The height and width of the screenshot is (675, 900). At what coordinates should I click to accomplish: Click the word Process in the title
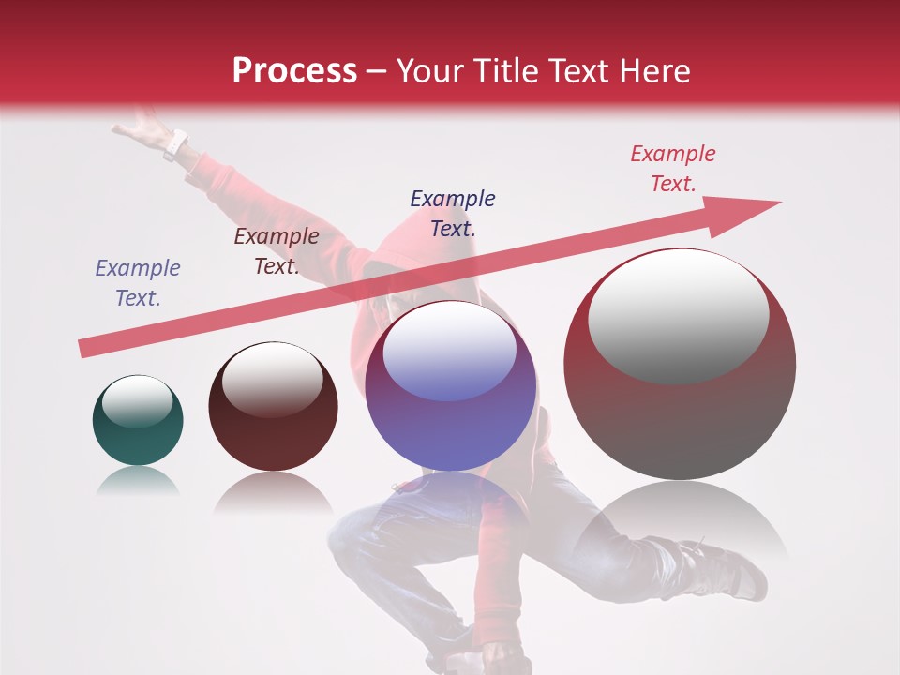point(294,71)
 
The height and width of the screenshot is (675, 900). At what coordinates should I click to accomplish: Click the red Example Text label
point(673,169)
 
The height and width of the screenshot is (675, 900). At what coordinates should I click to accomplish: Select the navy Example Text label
point(453,213)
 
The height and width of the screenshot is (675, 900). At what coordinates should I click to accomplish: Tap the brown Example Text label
point(277,251)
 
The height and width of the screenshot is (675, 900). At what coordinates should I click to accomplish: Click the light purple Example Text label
point(138,282)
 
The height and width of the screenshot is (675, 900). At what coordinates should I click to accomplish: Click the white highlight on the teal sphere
point(137,401)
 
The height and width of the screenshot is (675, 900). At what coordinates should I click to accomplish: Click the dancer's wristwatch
point(175,144)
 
